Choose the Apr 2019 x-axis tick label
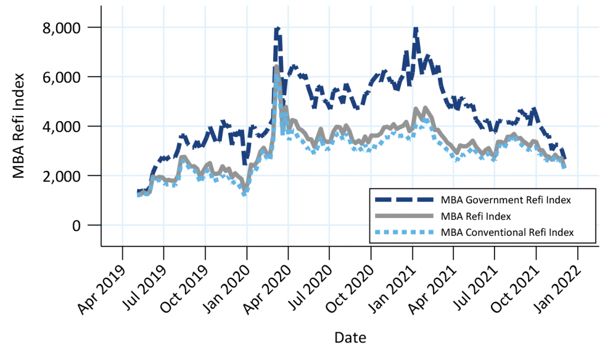click(100, 284)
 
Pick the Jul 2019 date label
click(142, 284)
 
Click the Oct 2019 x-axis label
click(183, 284)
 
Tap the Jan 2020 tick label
click(225, 284)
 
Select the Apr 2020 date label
click(266, 284)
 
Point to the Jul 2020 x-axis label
click(307, 284)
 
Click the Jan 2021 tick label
click(390, 284)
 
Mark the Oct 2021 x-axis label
click(514, 284)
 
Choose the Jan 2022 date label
click(555, 284)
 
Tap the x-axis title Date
click(350, 338)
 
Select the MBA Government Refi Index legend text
click(506, 199)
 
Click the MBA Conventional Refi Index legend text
click(508, 232)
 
